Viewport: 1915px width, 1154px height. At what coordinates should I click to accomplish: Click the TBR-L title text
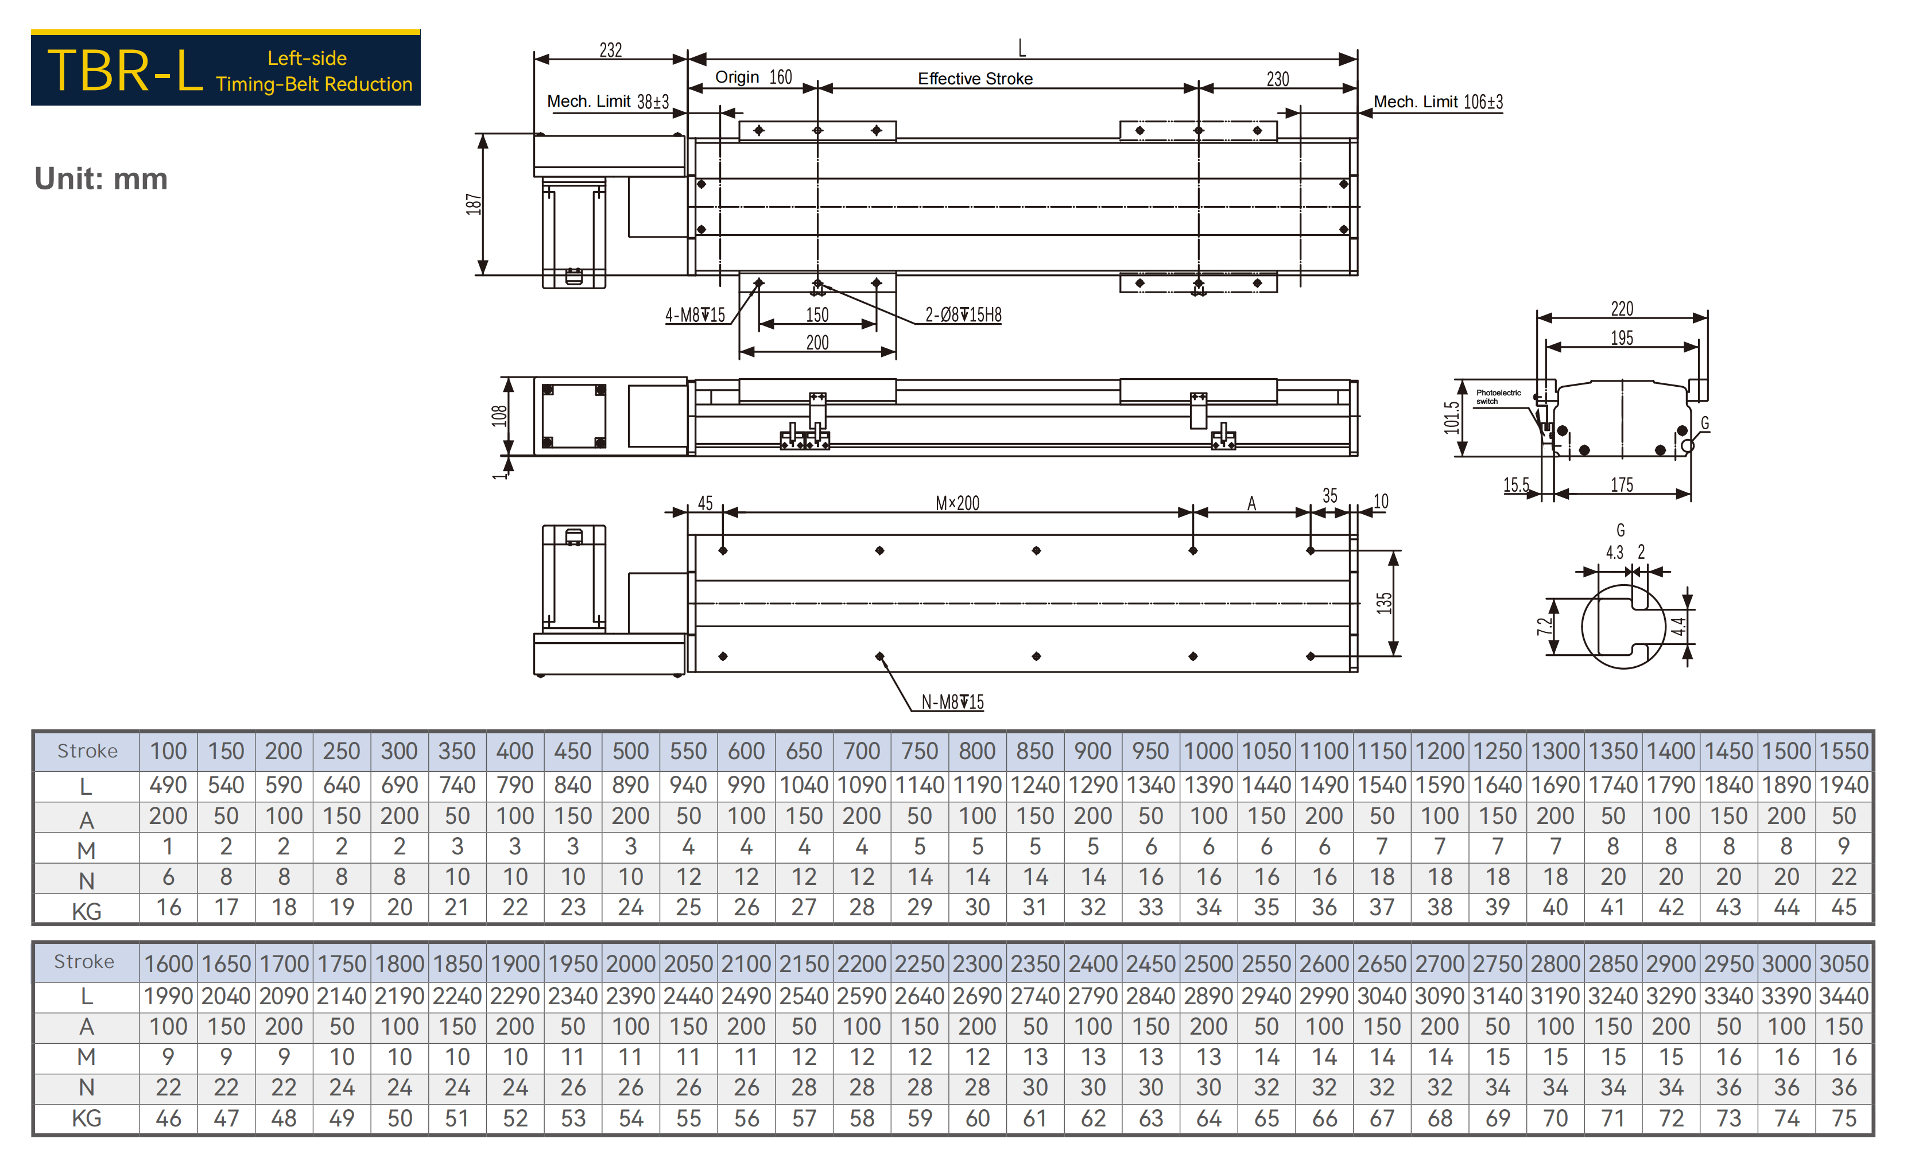click(x=125, y=71)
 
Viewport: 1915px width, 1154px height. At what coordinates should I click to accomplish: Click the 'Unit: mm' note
click(x=101, y=178)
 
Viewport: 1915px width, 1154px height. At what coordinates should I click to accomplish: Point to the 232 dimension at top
click(x=611, y=50)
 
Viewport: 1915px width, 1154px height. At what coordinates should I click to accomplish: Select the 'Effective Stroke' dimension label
click(x=975, y=79)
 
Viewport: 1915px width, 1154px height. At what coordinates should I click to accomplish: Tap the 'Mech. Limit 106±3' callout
click(x=1438, y=102)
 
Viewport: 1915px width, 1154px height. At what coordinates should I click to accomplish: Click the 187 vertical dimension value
click(x=474, y=204)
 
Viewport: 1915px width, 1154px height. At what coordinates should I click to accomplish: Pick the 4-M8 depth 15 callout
click(x=695, y=314)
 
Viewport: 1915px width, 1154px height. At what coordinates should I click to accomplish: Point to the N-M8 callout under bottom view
click(x=953, y=702)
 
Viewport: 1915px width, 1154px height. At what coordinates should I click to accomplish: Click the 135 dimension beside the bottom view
click(x=1384, y=603)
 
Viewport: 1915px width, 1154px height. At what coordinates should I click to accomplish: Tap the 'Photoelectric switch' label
click(x=1498, y=397)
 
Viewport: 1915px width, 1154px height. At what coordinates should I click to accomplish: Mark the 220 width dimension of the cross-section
click(x=1622, y=309)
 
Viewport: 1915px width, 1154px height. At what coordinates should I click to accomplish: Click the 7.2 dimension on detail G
click(x=1544, y=626)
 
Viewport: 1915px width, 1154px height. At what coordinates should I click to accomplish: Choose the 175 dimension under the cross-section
click(x=1622, y=485)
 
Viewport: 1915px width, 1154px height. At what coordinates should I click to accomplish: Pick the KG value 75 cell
click(x=1844, y=1118)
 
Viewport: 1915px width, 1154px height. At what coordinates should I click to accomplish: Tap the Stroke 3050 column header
click(x=1844, y=963)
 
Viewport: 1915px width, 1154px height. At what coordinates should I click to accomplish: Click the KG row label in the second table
click(x=86, y=1118)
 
